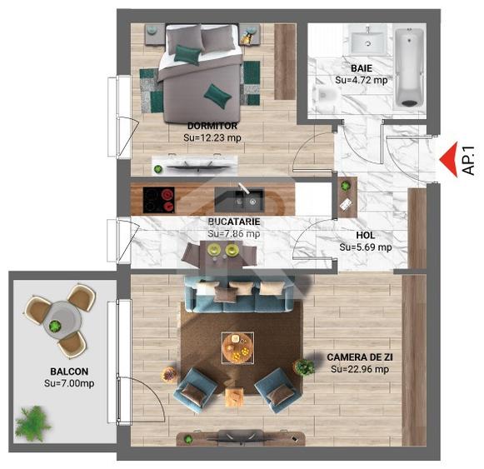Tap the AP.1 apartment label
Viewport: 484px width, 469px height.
468,159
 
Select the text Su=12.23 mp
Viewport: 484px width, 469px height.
212,138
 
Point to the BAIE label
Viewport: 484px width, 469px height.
361,68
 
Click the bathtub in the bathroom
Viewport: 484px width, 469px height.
411,67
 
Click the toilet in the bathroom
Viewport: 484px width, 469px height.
323,96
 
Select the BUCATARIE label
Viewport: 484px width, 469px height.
234,222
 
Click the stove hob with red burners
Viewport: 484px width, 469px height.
158,199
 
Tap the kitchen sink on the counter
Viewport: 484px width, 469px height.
247,199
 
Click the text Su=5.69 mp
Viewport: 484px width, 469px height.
366,247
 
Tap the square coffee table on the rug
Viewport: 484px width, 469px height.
237,347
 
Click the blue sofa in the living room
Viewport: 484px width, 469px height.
236,292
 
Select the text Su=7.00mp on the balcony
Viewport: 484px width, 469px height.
69,383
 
